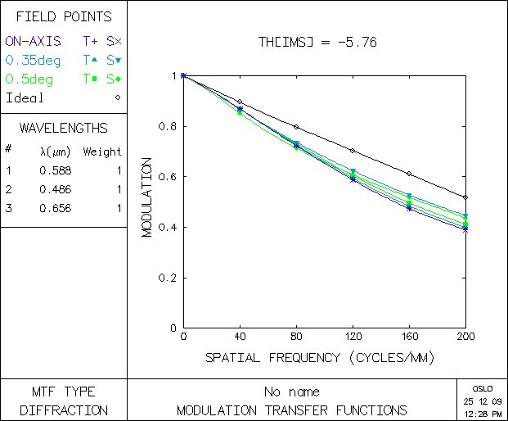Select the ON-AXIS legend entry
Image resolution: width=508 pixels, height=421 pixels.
33,40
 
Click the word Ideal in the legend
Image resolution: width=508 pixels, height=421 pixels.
25,98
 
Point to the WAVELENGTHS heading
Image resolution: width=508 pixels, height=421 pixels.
64,129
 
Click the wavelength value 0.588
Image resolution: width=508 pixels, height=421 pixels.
56,170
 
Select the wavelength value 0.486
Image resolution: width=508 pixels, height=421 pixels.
56,189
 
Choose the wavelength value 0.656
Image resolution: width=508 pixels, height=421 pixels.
56,208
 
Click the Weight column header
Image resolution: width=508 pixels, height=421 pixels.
102,152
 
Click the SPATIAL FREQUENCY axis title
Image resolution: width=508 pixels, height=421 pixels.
319,358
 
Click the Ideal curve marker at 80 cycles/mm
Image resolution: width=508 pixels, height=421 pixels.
296,127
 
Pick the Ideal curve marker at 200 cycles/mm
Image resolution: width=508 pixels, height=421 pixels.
465,197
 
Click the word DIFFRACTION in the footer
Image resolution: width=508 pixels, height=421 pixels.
64,410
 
